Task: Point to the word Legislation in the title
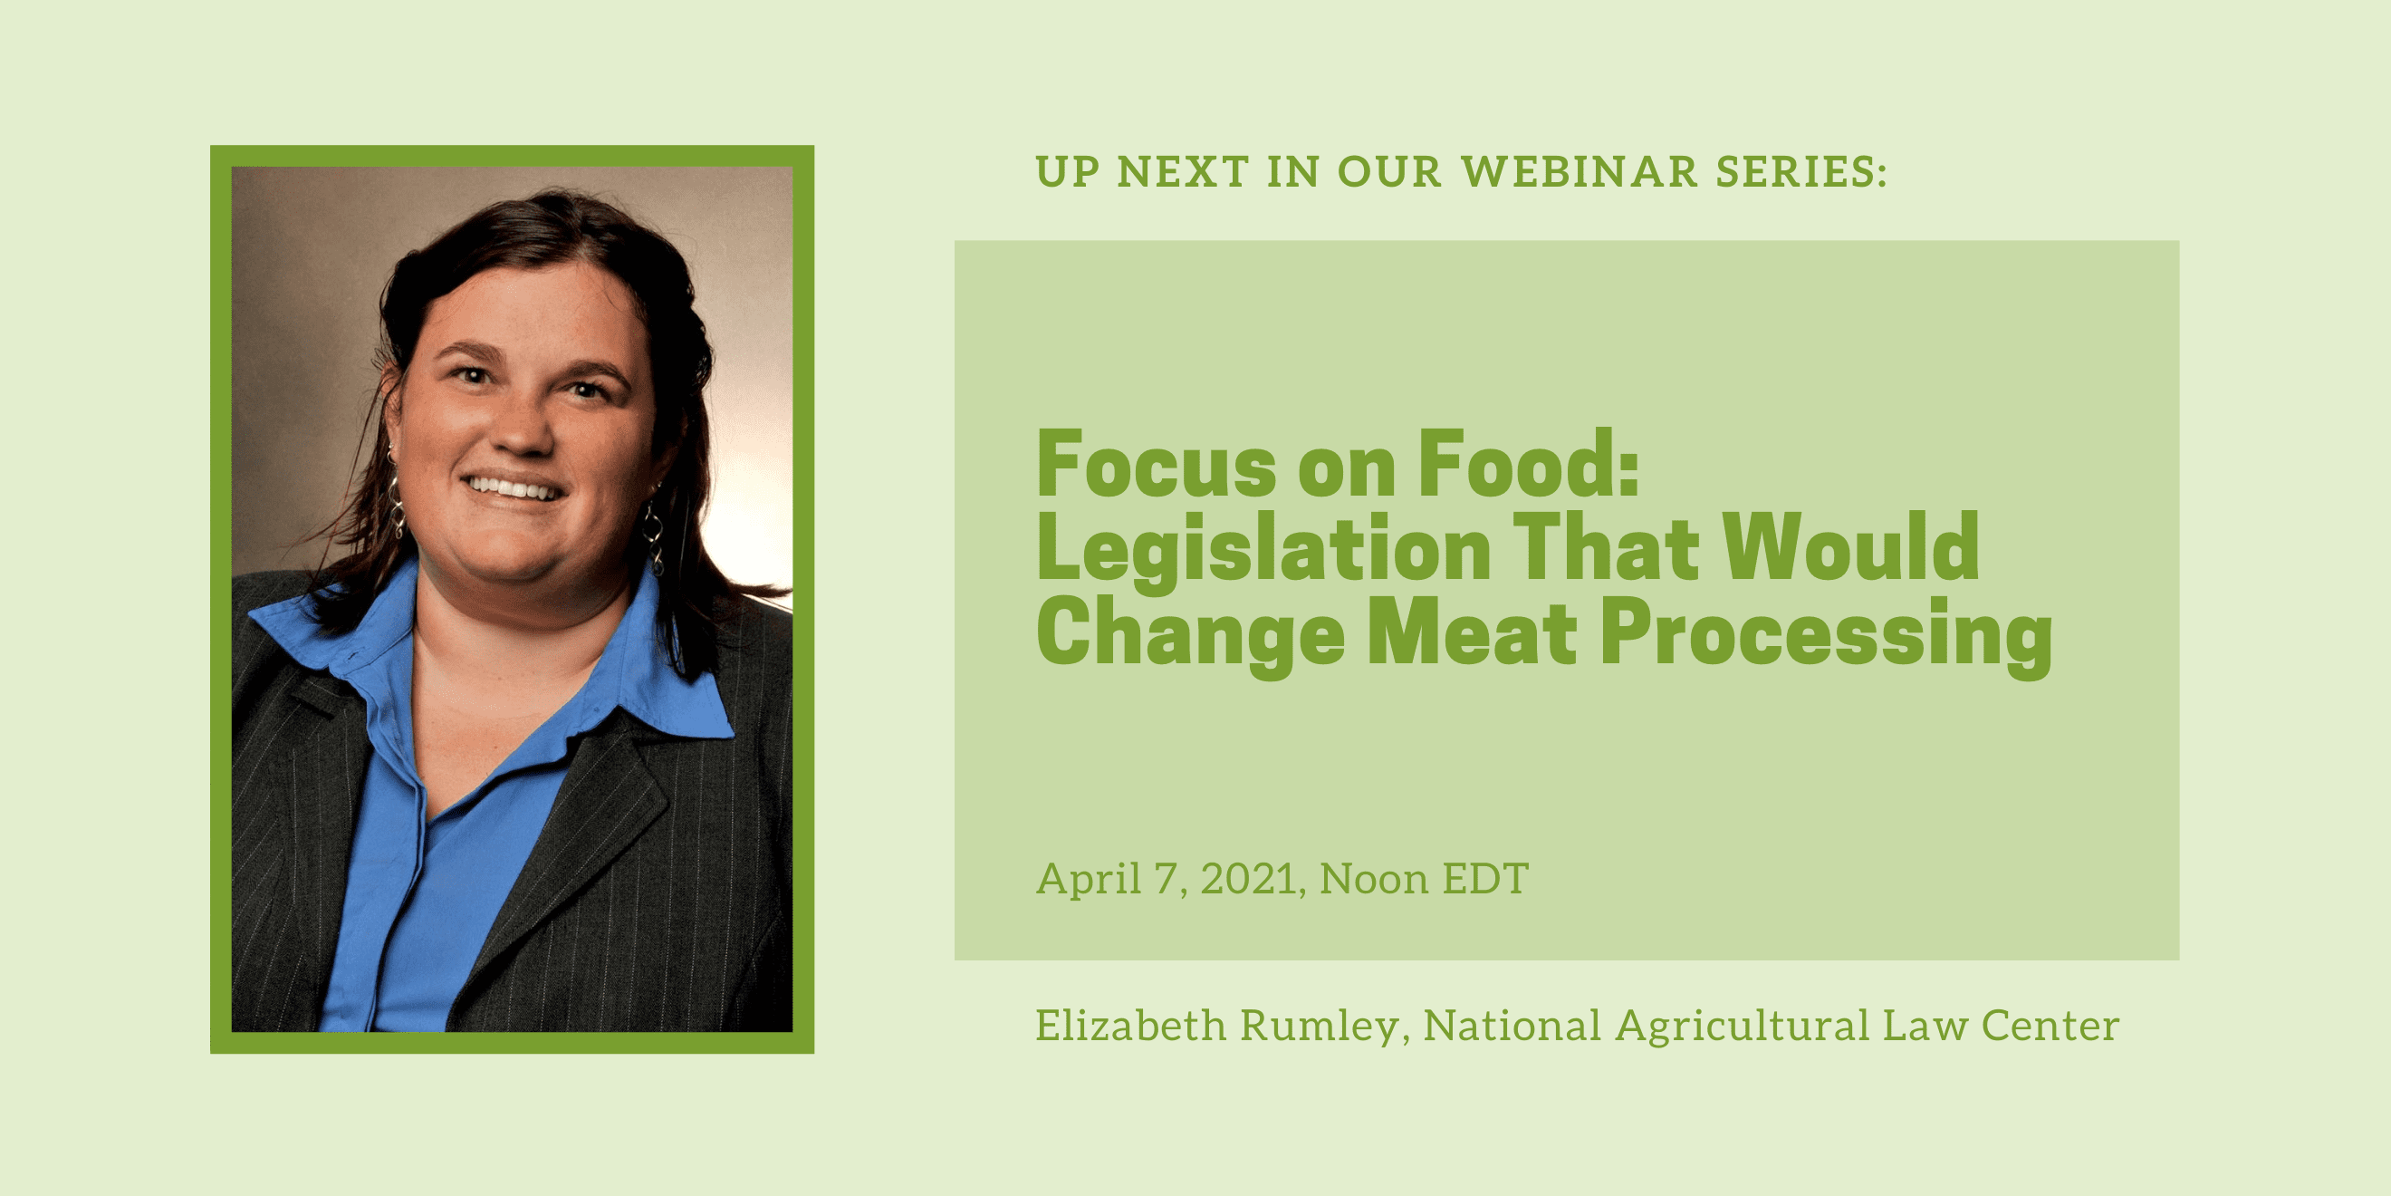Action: coord(1263,551)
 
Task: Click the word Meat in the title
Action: coord(1472,632)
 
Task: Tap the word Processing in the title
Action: coord(1827,637)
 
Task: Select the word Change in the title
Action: coord(1191,637)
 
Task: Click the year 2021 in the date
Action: coord(1247,880)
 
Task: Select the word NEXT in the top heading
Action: coord(1183,172)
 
